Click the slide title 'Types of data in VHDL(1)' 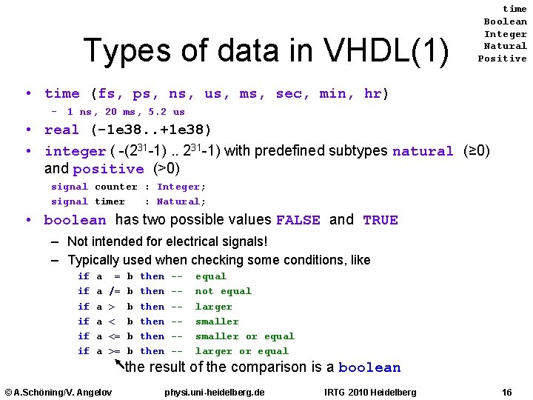266,50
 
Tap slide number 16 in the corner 506,392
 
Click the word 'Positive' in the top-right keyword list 502,59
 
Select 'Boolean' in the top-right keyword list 505,21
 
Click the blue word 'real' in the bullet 61,130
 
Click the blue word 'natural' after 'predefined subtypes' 423,151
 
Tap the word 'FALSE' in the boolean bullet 298,220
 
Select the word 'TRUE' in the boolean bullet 381,220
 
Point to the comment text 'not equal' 223,291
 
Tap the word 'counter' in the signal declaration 116,187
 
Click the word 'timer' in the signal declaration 110,201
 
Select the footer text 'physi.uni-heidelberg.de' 215,392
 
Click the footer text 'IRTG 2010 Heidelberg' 370,392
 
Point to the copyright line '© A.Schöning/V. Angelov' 58,392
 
